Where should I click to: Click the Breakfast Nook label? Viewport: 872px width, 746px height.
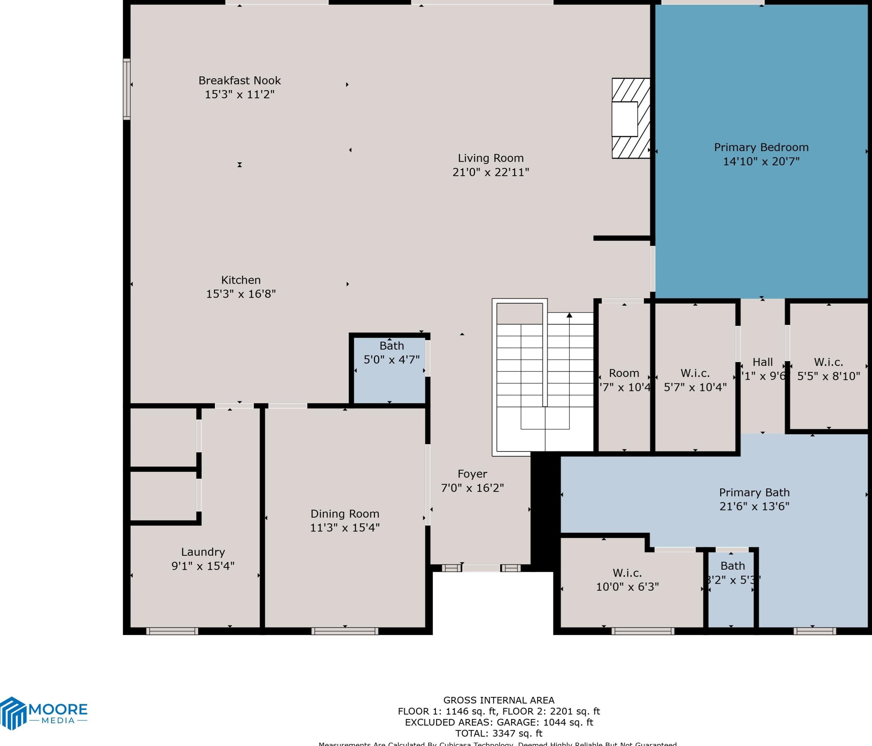(240, 80)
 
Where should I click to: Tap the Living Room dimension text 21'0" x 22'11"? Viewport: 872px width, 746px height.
(491, 172)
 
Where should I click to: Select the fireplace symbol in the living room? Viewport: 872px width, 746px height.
(630, 118)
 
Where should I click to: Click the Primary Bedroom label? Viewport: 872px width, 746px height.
(761, 147)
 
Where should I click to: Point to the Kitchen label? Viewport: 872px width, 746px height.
(241, 280)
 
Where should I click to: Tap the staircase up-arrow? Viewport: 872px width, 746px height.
(569, 316)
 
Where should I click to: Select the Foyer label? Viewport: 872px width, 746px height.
(472, 474)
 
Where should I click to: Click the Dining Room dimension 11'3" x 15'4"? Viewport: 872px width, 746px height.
(345, 527)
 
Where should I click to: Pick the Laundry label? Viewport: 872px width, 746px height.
(203, 552)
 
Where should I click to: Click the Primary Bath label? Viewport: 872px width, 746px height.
(754, 493)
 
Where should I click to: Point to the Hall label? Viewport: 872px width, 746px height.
(763, 362)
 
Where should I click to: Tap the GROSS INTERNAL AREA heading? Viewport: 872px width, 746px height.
(499, 700)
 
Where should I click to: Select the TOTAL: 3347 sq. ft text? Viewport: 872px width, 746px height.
(499, 733)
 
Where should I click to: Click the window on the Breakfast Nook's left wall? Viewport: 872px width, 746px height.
(127, 89)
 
